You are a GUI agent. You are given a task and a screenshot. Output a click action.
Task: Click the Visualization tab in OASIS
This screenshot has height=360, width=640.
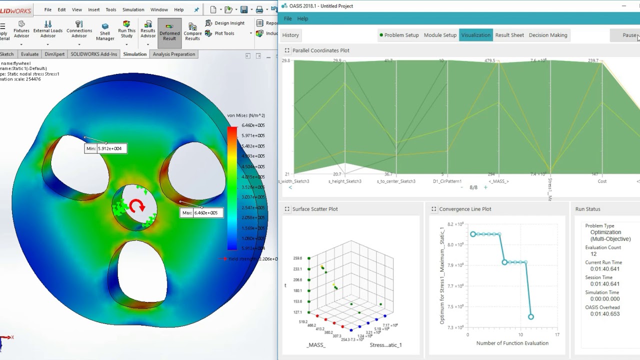tap(475, 35)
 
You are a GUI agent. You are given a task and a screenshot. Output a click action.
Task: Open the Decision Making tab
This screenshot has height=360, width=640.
tap(547, 35)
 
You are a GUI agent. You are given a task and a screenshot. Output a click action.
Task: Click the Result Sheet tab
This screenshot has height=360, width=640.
tap(509, 35)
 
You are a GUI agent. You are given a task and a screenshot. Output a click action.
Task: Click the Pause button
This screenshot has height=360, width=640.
tap(629, 35)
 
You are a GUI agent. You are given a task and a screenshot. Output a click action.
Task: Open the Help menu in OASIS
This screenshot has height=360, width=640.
tap(302, 18)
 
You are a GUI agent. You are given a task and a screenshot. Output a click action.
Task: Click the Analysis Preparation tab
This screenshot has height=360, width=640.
tap(174, 54)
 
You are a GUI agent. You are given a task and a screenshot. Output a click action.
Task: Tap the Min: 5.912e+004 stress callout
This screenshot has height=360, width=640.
tap(106, 148)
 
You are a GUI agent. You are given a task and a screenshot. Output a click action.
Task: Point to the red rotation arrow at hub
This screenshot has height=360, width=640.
tap(136, 205)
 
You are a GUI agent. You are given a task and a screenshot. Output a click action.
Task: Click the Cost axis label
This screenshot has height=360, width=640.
tap(602, 181)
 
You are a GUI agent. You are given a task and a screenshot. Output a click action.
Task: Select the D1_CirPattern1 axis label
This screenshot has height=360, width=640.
tap(447, 181)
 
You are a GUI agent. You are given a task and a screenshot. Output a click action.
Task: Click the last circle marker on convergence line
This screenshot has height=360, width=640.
tap(531, 316)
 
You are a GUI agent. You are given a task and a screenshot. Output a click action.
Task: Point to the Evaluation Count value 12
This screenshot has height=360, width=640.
tap(593, 254)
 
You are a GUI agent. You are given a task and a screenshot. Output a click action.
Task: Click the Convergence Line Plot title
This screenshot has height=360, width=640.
tap(465, 209)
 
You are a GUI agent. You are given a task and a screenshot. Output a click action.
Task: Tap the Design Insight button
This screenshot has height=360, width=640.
tap(229, 23)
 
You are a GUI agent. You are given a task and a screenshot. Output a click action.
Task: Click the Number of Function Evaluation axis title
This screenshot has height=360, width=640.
tap(512, 343)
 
